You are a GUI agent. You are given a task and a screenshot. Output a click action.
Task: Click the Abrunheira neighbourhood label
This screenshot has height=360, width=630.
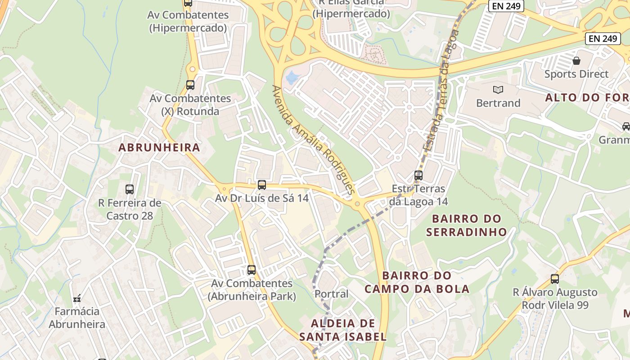(x=159, y=147)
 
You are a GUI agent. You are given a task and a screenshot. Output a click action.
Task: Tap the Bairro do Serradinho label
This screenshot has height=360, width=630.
(x=466, y=225)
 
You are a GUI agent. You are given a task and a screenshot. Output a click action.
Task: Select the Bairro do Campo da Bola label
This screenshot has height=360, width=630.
(x=417, y=282)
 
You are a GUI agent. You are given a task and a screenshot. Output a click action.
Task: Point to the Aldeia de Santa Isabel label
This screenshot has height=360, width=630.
(x=342, y=330)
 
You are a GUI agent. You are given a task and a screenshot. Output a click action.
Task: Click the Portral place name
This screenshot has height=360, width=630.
(x=332, y=294)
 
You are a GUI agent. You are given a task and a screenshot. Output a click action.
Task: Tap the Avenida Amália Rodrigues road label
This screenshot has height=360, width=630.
(x=314, y=140)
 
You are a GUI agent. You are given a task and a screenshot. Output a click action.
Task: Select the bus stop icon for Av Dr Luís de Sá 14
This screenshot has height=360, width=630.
(x=262, y=184)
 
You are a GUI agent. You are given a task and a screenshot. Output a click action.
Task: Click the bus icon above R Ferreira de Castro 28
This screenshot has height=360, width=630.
(x=130, y=189)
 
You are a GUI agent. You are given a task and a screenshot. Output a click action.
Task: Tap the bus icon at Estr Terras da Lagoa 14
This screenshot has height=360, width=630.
(x=418, y=175)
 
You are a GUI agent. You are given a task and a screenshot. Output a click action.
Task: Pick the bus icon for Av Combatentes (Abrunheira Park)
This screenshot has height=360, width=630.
(x=252, y=270)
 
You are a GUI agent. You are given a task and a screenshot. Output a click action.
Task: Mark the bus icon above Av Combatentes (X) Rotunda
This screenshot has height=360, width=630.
(x=190, y=85)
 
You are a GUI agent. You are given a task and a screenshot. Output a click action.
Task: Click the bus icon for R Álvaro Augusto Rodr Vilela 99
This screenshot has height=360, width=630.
(x=555, y=279)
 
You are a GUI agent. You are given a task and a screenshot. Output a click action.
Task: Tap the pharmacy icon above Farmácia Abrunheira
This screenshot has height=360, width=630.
(x=77, y=298)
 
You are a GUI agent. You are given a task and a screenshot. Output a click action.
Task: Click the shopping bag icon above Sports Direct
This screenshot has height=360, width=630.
(x=576, y=60)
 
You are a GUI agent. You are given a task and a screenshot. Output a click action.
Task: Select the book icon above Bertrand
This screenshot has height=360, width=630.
(x=498, y=90)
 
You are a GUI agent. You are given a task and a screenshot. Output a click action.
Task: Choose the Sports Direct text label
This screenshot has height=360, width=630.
(x=576, y=74)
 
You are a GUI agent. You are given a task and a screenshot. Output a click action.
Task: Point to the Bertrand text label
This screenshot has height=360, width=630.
(x=498, y=103)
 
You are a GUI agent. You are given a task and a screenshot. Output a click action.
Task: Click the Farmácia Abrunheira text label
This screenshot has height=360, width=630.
(x=77, y=318)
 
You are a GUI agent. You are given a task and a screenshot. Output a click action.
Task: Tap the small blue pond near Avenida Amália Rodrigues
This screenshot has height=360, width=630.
(x=292, y=77)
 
